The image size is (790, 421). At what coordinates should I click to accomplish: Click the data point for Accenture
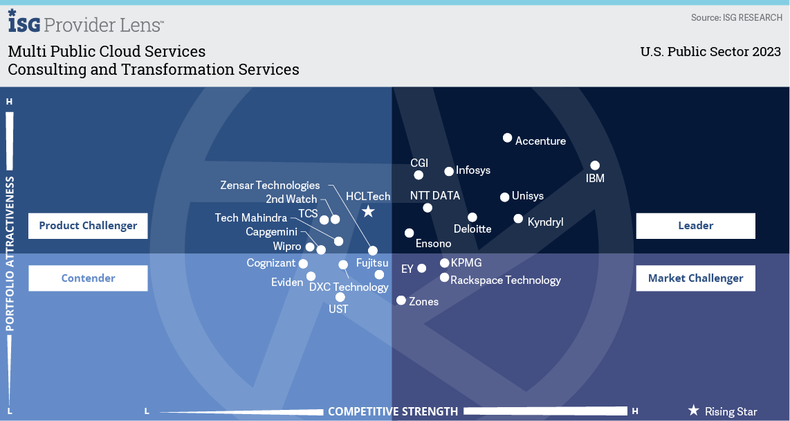pos(507,138)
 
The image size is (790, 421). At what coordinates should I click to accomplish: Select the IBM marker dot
pos(595,165)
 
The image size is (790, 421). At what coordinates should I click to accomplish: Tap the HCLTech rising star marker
pos(369,211)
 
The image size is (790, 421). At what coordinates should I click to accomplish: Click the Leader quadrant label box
pos(695,225)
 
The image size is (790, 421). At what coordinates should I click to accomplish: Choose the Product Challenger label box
pos(88,225)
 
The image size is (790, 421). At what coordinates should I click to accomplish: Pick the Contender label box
pos(88,278)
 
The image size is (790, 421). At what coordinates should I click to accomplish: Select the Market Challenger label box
pos(695,278)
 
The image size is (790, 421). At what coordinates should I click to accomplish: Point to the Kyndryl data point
pos(518,219)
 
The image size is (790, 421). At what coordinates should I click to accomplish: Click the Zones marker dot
pos(401,300)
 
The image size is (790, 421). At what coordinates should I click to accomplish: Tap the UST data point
pos(340,297)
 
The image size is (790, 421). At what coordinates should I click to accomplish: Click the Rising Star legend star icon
pos(693,411)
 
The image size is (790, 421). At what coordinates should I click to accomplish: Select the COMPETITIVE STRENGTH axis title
pos(393,411)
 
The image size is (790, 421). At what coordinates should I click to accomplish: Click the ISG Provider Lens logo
pos(86,24)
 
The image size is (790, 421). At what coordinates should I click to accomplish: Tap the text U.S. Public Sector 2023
pos(710,52)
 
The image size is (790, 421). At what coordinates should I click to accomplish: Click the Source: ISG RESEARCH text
pos(736,17)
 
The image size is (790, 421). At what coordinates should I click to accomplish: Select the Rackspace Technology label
pos(505,280)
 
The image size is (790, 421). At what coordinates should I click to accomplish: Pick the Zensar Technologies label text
pos(270,185)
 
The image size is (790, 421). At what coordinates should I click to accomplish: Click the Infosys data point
pos(449,171)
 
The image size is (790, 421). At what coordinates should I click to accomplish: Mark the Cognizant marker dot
pos(302,263)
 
